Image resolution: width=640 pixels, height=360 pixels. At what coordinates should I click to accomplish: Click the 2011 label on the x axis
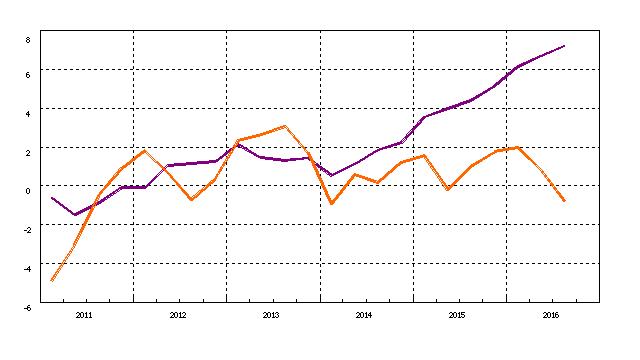[x=84, y=315]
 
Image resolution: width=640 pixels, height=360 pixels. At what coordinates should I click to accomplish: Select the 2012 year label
[x=178, y=315]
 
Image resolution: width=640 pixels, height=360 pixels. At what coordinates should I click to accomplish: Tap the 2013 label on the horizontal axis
[x=271, y=315]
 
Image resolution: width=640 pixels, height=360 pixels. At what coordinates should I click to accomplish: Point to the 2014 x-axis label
[x=364, y=315]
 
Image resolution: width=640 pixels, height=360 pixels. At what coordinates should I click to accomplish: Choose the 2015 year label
[x=457, y=315]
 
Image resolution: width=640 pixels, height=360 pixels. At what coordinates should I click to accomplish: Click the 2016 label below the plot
[x=550, y=315]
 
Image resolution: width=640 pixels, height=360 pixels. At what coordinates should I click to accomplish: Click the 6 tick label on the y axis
[x=28, y=74]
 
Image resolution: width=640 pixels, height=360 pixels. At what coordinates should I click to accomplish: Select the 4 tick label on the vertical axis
[x=28, y=113]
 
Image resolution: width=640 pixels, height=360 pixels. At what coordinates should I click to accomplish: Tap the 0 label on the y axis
[x=28, y=190]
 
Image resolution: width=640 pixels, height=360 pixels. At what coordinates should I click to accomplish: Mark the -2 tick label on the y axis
[x=27, y=229]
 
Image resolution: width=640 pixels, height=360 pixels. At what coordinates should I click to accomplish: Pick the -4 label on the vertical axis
[x=27, y=268]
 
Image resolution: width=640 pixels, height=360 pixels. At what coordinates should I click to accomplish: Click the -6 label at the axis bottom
[x=27, y=307]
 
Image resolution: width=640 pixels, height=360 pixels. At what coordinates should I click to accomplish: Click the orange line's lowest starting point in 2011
[x=52, y=280]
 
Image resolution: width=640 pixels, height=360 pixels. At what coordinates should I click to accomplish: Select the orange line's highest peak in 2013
[x=285, y=126]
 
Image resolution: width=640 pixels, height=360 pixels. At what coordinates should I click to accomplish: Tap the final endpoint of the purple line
[x=565, y=46]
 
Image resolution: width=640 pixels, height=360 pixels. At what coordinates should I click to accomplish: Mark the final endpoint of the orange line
[x=565, y=201]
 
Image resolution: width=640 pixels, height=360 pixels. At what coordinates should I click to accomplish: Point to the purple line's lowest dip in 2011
[x=74, y=214]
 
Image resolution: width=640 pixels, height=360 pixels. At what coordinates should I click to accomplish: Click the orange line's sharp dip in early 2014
[x=332, y=204]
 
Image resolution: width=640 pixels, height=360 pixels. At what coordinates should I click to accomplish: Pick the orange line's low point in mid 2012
[x=192, y=200]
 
